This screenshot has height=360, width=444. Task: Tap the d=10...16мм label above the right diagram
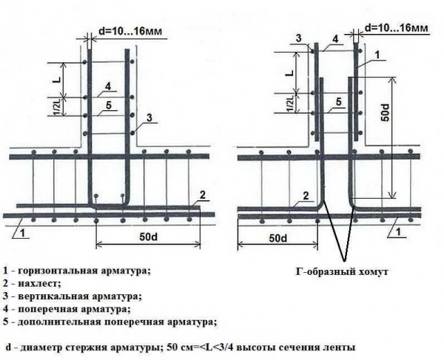point(398,27)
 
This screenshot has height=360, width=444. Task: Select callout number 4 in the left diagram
point(108,87)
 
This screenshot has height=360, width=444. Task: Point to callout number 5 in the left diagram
point(108,106)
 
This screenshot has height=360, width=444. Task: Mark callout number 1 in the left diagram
point(23,233)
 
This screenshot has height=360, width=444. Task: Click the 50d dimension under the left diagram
point(148,237)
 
